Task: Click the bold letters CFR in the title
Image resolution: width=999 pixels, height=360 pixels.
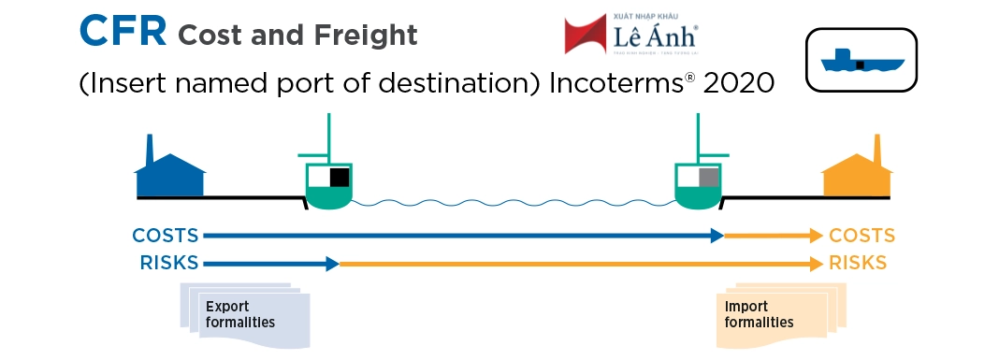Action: pos(123,32)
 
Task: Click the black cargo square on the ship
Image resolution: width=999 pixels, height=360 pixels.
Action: pos(339,177)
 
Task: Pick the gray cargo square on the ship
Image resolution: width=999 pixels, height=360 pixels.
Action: pos(709,177)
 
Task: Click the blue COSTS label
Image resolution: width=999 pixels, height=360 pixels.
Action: pos(165,236)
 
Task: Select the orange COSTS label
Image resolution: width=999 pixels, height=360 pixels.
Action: pos(862,236)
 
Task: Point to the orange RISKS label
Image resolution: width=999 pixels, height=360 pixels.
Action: pos(858,264)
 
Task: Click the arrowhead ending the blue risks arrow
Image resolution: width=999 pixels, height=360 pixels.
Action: pos(332,264)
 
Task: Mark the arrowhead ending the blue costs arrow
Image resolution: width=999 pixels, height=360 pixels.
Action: pos(717,236)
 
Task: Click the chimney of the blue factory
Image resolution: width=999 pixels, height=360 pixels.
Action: pos(150,150)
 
